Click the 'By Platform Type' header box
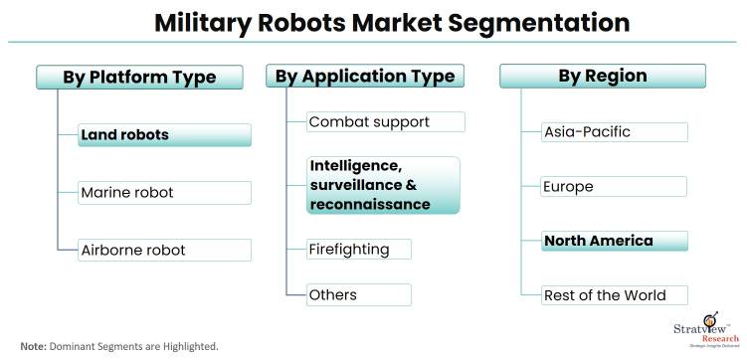coord(139,78)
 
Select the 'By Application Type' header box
coord(364,77)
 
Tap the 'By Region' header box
coord(602,77)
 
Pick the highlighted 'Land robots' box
coord(164,135)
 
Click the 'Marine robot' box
coord(164,192)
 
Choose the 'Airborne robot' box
coord(164,249)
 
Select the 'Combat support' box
coord(385,122)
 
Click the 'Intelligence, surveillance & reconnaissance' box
coord(383,184)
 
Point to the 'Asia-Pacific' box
coord(614,132)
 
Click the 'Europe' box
coord(614,186)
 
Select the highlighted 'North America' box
coord(614,241)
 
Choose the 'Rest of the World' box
coord(614,295)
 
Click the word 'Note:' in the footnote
coord(33,346)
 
